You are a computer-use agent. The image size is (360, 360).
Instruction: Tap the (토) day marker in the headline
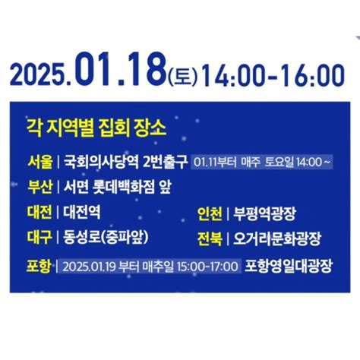coord(182,77)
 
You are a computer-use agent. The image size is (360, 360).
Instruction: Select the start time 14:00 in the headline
coord(226,76)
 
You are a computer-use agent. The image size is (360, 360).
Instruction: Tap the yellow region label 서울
coord(39,161)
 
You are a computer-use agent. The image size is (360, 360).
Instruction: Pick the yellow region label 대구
coord(39,237)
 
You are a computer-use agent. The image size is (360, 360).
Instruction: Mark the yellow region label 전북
coord(209,237)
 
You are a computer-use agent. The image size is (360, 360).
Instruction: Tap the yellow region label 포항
coord(39,266)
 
